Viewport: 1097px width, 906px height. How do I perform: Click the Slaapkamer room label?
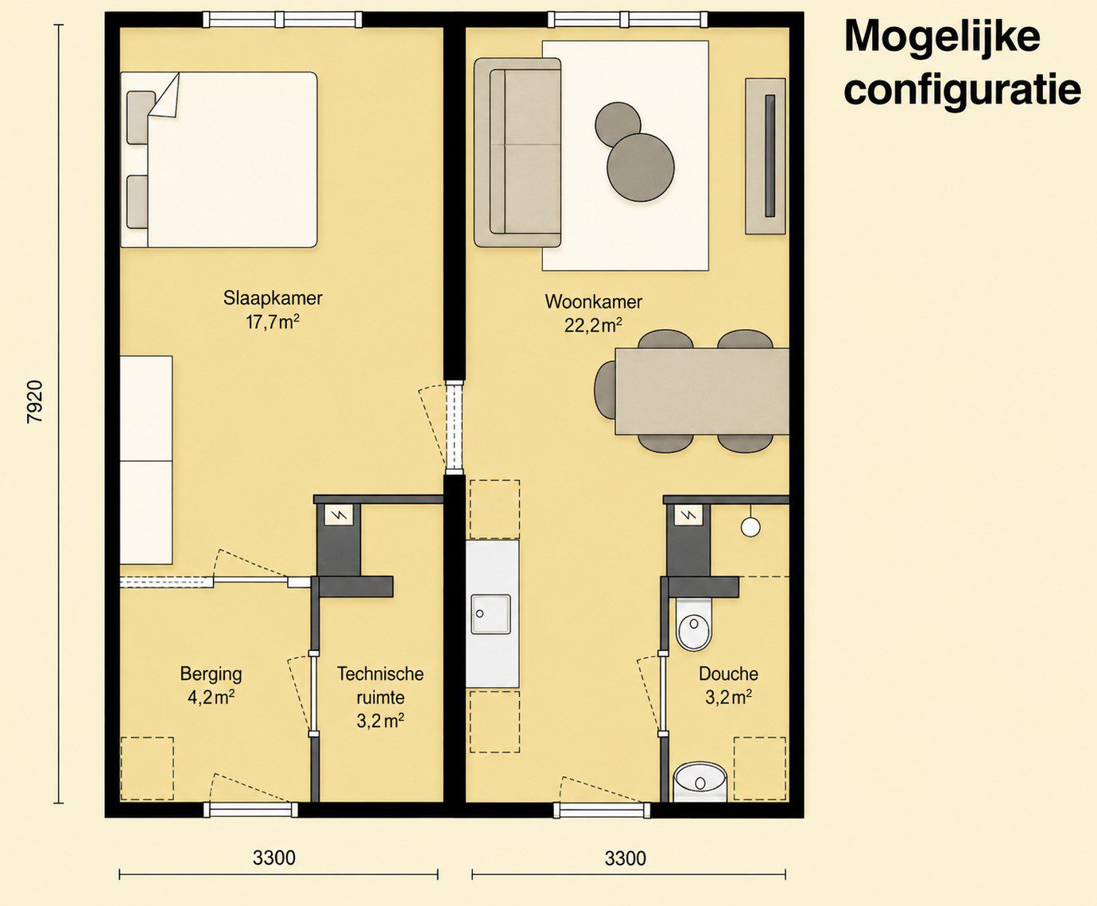pyautogui.click(x=273, y=298)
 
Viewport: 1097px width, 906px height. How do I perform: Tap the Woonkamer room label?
pyautogui.click(x=594, y=302)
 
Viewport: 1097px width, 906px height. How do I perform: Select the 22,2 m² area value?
pyautogui.click(x=593, y=326)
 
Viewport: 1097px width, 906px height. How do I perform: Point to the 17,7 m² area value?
pyautogui.click(x=273, y=322)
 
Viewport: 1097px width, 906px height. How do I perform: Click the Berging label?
pyautogui.click(x=211, y=675)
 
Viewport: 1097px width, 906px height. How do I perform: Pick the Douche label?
pyautogui.click(x=728, y=674)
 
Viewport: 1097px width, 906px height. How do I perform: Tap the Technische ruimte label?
pyautogui.click(x=381, y=686)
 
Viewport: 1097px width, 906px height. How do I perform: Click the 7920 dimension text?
pyautogui.click(x=35, y=402)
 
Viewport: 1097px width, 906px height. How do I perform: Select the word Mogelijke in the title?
pyautogui.click(x=942, y=36)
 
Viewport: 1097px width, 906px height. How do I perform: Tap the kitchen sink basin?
pyautogui.click(x=490, y=614)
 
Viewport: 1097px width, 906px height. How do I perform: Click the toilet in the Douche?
pyautogui.click(x=693, y=625)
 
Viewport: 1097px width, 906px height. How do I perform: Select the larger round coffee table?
pyautogui.click(x=641, y=167)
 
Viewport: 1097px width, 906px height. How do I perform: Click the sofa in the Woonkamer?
pyautogui.click(x=517, y=153)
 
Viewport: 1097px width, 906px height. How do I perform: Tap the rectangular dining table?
pyautogui.click(x=702, y=391)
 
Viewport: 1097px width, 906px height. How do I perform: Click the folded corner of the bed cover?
pyautogui.click(x=165, y=97)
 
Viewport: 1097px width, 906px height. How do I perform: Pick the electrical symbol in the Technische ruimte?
pyautogui.click(x=339, y=515)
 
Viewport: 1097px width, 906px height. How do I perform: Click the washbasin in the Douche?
pyautogui.click(x=700, y=782)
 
